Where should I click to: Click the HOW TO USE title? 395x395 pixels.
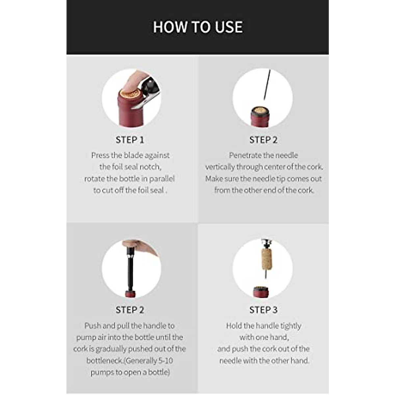(x=197, y=27)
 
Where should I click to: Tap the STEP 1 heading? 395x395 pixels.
(x=130, y=140)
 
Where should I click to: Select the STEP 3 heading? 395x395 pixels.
(x=263, y=310)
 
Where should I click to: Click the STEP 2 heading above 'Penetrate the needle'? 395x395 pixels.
(x=263, y=140)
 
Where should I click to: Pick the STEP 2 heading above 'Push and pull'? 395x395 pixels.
(x=130, y=310)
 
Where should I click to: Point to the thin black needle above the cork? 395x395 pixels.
(x=267, y=84)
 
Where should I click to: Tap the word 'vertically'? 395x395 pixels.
(x=220, y=167)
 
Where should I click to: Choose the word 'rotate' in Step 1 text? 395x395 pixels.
(x=94, y=179)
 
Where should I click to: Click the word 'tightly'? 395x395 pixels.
(x=286, y=326)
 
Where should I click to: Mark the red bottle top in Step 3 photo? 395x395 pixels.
(x=260, y=292)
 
